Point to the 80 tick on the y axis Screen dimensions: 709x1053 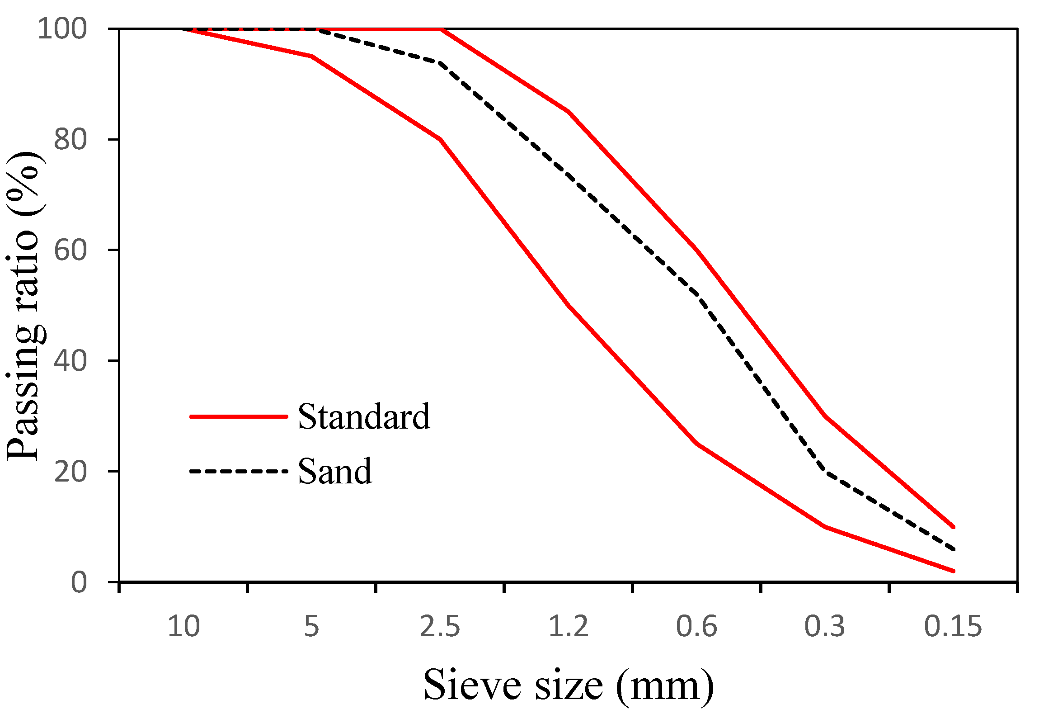(70, 140)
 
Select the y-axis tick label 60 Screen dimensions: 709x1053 (70, 250)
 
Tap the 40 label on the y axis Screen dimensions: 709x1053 (70, 361)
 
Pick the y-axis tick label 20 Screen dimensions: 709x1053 (70, 472)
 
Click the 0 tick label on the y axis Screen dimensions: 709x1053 (79, 582)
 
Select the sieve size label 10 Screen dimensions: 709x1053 (183, 627)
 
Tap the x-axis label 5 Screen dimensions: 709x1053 (311, 627)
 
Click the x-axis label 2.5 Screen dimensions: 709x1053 (440, 627)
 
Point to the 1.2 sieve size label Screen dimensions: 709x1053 (568, 627)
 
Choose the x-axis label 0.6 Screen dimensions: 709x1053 (696, 627)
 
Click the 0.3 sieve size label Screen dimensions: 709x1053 (824, 627)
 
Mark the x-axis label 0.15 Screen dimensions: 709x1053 (953, 627)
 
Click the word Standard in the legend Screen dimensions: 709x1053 (364, 416)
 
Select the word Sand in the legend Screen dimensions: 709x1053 (335, 472)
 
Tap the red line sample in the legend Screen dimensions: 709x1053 (239, 416)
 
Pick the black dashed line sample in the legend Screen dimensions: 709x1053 (239, 472)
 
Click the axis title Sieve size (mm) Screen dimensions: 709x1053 (568, 685)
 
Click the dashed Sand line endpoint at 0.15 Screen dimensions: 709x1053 (953, 549)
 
